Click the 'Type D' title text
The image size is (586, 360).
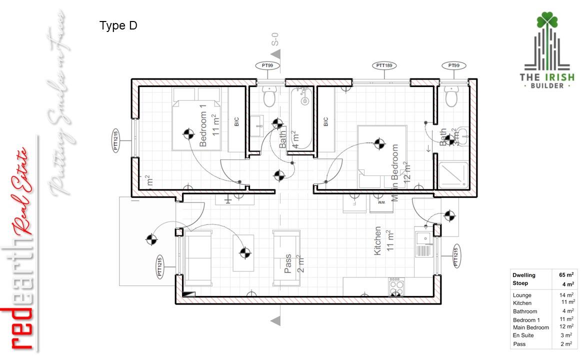click(x=118, y=26)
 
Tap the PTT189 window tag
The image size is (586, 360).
click(x=384, y=65)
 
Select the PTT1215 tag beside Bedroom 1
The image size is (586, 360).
click(x=116, y=140)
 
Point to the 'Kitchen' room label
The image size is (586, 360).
click(x=378, y=241)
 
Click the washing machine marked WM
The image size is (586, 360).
click(x=381, y=203)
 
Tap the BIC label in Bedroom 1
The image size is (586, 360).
click(x=236, y=121)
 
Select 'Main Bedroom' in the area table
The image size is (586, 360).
click(x=530, y=327)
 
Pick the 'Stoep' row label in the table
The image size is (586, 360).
click(x=520, y=283)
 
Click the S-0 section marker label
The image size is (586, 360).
click(x=275, y=39)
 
